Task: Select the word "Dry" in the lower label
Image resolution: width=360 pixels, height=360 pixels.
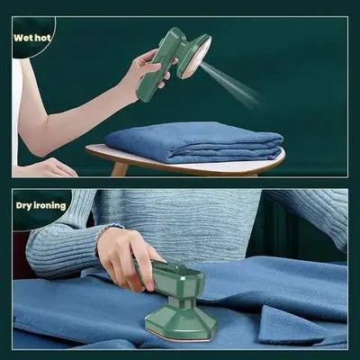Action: pyautogui.click(x=24, y=205)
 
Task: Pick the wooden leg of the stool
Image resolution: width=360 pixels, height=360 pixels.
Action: pyautogui.click(x=119, y=169)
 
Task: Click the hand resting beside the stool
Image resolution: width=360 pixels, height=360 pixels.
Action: pyautogui.click(x=49, y=167)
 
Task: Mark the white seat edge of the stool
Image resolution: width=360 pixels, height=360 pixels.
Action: pyautogui.click(x=180, y=166)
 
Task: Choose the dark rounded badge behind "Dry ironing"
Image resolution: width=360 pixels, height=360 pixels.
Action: pyautogui.click(x=36, y=209)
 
